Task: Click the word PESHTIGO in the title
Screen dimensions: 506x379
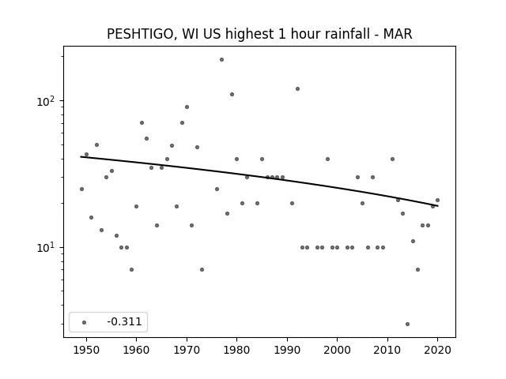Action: (x=142, y=34)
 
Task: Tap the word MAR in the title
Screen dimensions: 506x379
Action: (x=398, y=34)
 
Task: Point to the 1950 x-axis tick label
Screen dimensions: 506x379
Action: (x=86, y=350)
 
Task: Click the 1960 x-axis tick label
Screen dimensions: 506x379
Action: (x=136, y=350)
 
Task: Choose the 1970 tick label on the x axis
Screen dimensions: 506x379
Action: (x=187, y=350)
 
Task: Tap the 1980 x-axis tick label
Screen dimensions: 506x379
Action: (x=236, y=350)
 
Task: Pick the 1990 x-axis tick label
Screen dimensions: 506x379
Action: (x=287, y=350)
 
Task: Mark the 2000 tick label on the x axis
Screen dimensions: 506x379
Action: (x=337, y=350)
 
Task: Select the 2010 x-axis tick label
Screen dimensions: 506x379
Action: (x=387, y=350)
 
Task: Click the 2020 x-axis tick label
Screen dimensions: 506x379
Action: (x=437, y=350)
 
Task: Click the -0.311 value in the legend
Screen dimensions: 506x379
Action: (x=124, y=321)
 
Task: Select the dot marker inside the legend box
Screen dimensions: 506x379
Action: (x=85, y=322)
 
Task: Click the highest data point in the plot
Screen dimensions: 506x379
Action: (x=221, y=60)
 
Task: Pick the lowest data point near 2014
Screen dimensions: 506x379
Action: (x=408, y=324)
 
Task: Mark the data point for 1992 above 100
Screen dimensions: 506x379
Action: (x=297, y=89)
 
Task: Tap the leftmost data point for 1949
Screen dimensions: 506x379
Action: (x=81, y=189)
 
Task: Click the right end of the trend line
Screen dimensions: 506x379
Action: (x=438, y=205)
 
